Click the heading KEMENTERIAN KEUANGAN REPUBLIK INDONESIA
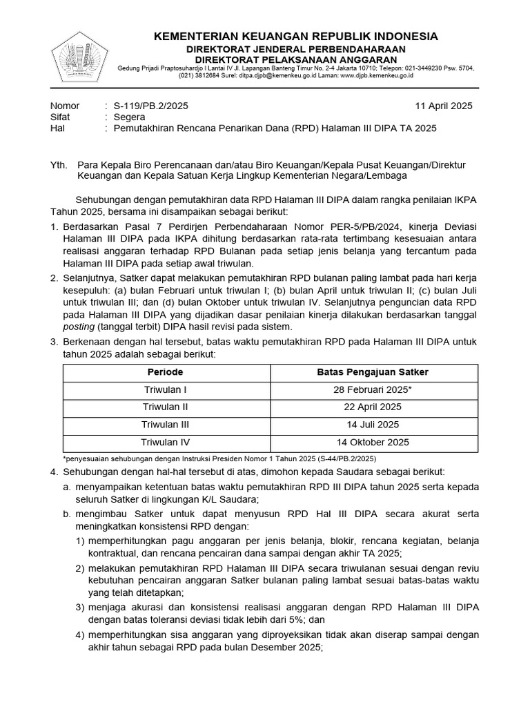[x=295, y=36]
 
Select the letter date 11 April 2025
[x=443, y=106]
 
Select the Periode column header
[x=165, y=372]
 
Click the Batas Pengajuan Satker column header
[x=373, y=372]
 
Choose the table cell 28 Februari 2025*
[x=373, y=389]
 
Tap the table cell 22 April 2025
[x=373, y=407]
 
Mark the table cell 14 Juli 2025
[x=373, y=425]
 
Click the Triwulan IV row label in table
[x=165, y=442]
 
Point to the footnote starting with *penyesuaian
[x=219, y=458]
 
